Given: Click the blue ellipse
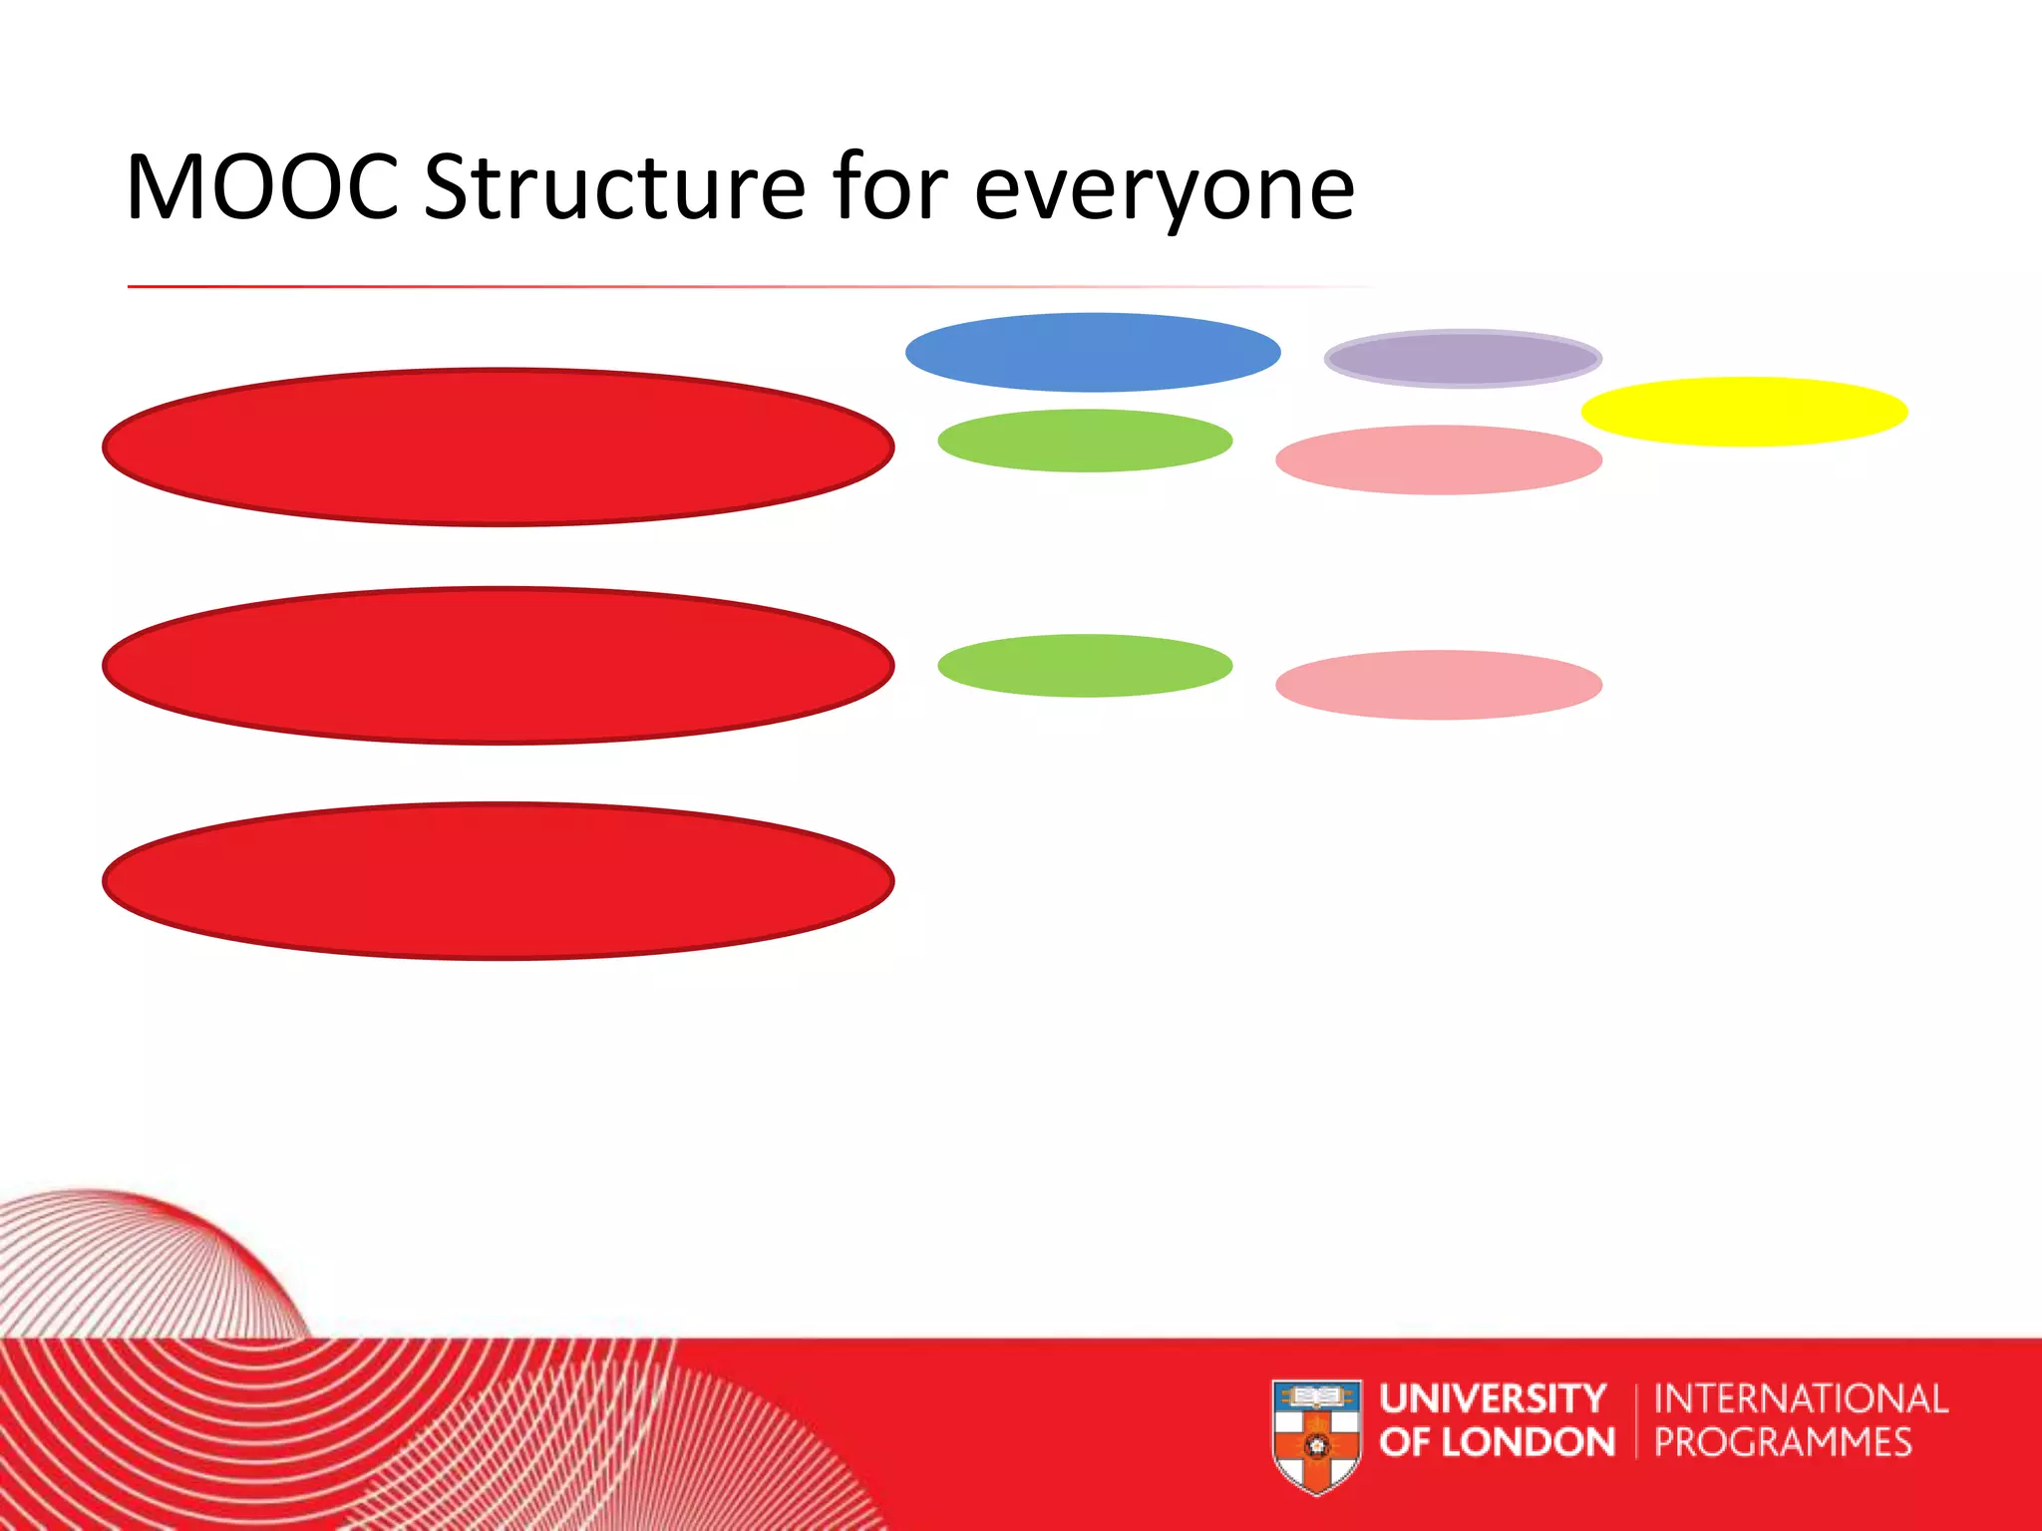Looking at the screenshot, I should click(x=1093, y=352).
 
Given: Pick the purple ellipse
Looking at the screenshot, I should click(x=1463, y=359).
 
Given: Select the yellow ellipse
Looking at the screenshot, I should click(x=1744, y=412).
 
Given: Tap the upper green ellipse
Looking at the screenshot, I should click(x=1085, y=441).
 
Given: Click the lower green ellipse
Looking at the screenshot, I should click(x=1085, y=666).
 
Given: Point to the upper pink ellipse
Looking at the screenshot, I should click(x=1439, y=460).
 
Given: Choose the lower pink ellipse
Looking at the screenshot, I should click(x=1439, y=686).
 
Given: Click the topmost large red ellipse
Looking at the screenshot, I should click(x=498, y=448).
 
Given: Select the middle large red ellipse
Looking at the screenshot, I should click(x=498, y=665).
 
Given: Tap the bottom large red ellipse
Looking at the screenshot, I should click(x=498, y=881).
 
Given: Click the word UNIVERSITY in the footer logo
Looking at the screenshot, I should click(x=1493, y=1398).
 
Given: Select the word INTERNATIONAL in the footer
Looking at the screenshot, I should click(x=1800, y=1398).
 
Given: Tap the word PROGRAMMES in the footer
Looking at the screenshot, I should click(x=1783, y=1442).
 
